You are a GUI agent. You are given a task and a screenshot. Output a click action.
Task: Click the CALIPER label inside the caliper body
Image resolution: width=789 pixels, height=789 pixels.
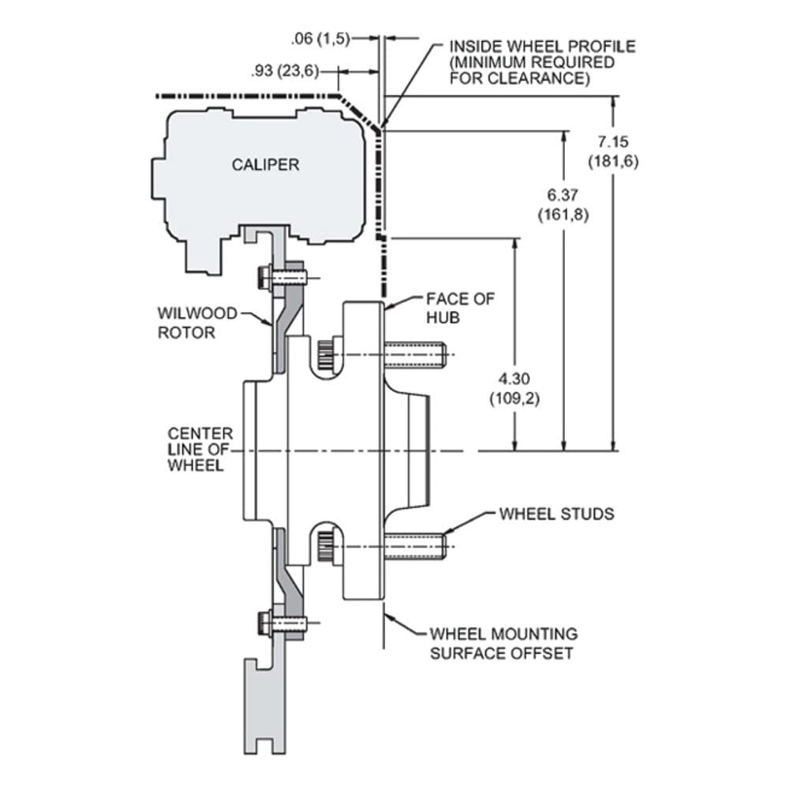click(x=265, y=165)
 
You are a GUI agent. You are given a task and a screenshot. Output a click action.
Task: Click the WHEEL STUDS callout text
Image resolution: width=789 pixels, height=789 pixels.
click(x=556, y=514)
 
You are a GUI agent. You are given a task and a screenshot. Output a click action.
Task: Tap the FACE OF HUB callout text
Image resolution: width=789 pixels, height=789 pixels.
click(x=461, y=308)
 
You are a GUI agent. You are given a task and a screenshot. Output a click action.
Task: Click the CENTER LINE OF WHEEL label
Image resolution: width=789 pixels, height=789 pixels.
click(x=200, y=450)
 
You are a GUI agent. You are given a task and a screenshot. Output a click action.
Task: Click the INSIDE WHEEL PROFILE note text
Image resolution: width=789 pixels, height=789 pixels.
click(x=543, y=62)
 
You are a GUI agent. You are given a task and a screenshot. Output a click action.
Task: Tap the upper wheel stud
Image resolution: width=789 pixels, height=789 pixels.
click(x=415, y=355)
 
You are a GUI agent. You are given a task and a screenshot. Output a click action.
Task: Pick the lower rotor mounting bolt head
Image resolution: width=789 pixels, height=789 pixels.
click(x=264, y=623)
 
